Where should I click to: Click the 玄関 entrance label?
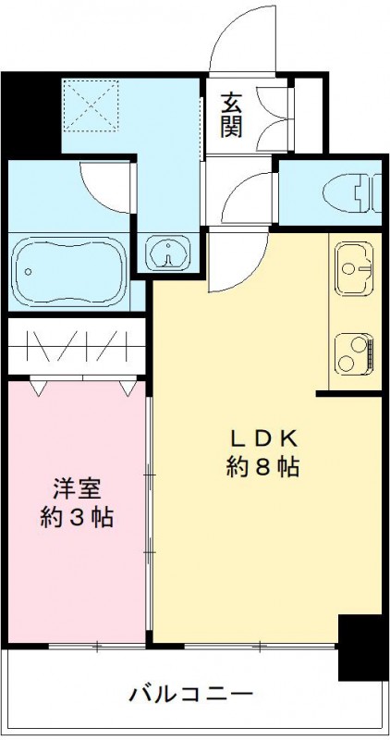[x=230, y=114]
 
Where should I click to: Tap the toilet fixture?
[x=350, y=193]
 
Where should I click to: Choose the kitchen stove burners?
[x=355, y=352]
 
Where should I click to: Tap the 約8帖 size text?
[x=263, y=467]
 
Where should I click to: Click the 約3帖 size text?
[x=78, y=517]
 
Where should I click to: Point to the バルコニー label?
[x=189, y=694]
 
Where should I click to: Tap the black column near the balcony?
[x=360, y=647]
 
